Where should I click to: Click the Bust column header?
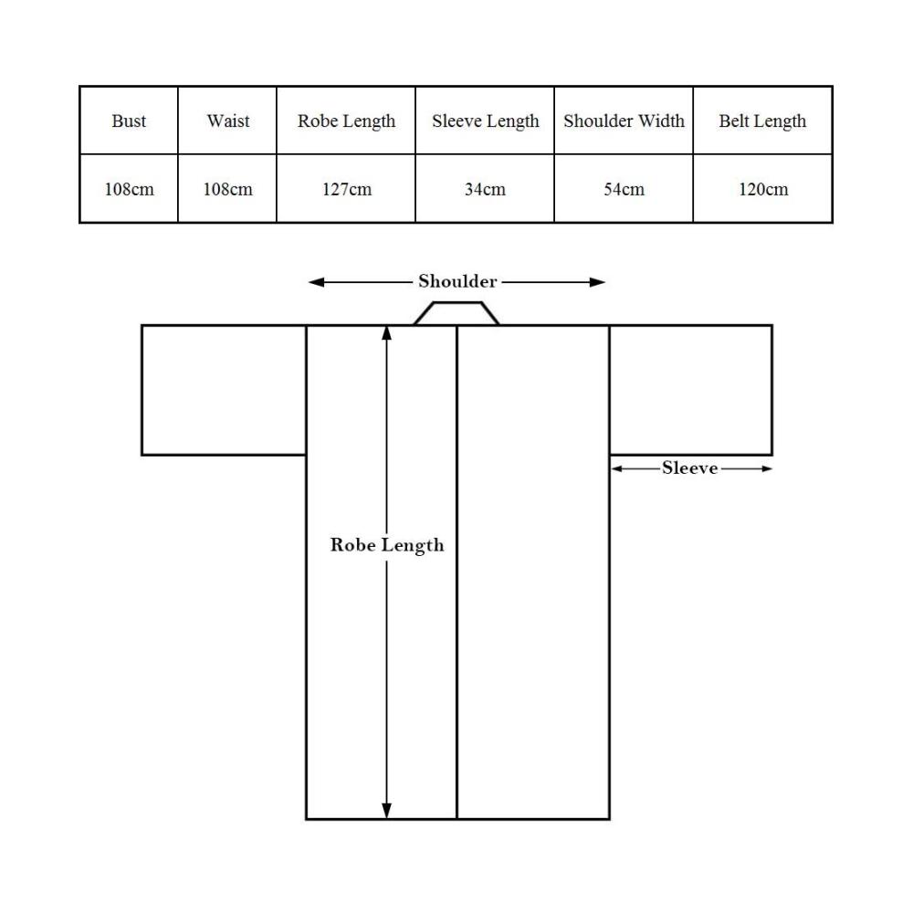129,121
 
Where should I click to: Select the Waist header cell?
227,121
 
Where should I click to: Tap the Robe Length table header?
346,121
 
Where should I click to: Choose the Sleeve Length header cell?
485,121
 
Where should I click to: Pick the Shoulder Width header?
624,121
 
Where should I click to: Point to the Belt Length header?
762,121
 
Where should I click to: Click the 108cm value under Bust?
129,189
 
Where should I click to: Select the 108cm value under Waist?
227,189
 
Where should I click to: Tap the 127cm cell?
346,189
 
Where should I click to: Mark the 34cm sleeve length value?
485,189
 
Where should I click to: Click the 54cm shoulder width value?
624,189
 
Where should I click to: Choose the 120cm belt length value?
762,189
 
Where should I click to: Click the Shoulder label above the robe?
457,281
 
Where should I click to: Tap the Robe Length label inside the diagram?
387,545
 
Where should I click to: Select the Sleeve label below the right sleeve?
690,468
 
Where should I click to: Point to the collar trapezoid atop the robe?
456,302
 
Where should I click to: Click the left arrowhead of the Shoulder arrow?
316,282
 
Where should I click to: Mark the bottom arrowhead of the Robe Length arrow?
386,811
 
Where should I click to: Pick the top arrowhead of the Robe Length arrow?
386,333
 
